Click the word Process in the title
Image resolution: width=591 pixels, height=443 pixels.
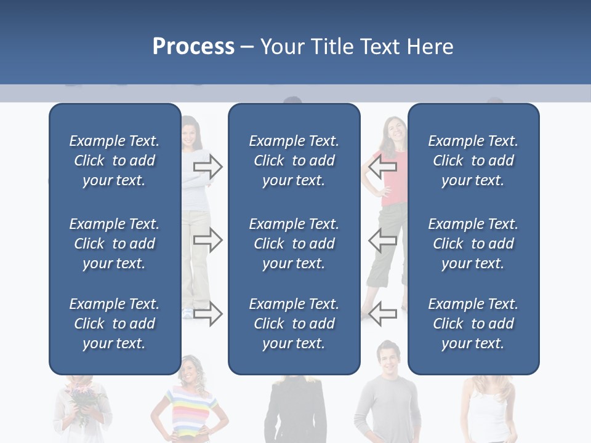193,47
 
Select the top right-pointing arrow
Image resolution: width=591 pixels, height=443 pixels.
207,167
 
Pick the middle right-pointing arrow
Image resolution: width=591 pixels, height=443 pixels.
207,240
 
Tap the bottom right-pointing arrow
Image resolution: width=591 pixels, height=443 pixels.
207,314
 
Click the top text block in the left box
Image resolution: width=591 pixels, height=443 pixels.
115,161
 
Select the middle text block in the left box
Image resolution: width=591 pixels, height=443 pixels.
115,244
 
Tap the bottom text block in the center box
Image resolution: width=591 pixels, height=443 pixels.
294,324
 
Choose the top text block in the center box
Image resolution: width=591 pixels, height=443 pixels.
294,161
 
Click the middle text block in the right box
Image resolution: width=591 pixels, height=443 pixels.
473,244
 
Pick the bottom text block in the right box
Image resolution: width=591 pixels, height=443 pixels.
473,324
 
